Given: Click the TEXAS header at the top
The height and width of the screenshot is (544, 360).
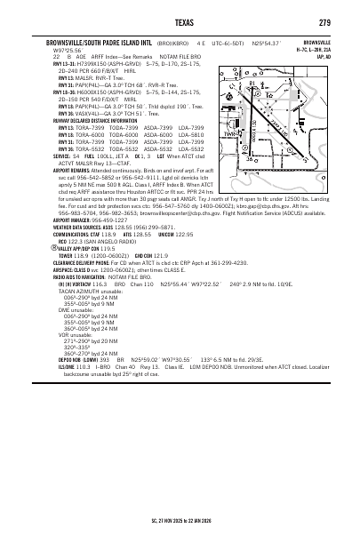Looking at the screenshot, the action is point(180,21).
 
